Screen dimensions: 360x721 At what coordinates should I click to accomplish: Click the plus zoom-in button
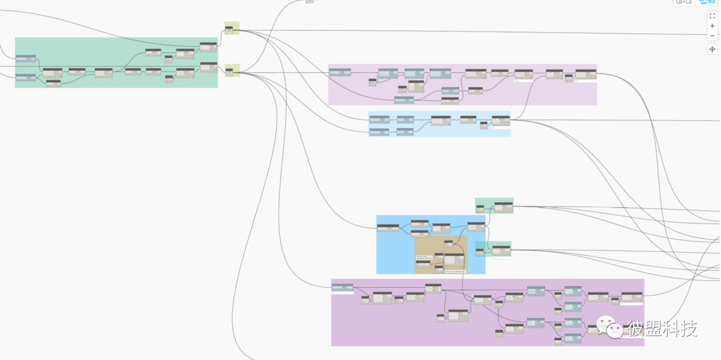coord(712,26)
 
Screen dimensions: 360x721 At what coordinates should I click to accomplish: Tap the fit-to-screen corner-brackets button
coord(712,16)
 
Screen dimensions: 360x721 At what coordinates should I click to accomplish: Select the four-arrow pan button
coord(712,49)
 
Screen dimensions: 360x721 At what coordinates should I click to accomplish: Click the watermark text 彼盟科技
coord(662,328)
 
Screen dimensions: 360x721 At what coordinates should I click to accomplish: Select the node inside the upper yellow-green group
coord(229,29)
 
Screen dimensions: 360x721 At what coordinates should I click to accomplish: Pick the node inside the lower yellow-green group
coord(229,72)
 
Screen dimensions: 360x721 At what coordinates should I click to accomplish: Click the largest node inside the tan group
coord(454,260)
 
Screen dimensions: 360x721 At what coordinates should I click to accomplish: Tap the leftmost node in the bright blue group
coord(388,228)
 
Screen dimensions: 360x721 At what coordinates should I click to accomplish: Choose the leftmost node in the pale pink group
coord(340,72)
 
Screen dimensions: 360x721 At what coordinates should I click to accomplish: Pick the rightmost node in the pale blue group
coord(500,121)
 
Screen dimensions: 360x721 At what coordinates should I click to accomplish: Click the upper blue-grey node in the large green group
coord(25,59)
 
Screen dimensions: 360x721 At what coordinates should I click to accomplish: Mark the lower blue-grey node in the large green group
coord(25,77)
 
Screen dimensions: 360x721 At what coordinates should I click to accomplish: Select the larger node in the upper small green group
coord(503,207)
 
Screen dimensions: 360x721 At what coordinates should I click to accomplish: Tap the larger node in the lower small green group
coord(501,250)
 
